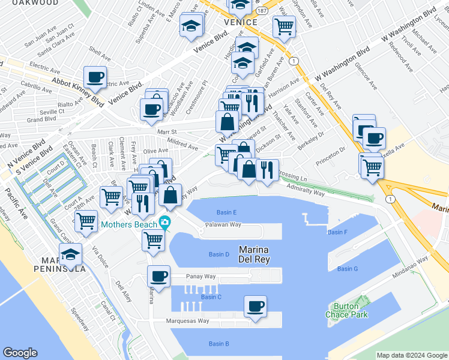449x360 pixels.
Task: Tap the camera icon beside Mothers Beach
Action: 164,224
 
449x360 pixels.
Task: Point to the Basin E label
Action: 226,212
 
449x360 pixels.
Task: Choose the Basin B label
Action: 218,344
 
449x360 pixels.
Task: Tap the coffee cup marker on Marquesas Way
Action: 255,307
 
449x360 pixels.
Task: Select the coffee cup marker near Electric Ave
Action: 95,77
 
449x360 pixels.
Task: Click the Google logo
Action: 20,353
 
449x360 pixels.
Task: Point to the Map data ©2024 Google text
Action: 412,355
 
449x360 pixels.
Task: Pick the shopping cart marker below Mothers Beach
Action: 153,240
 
